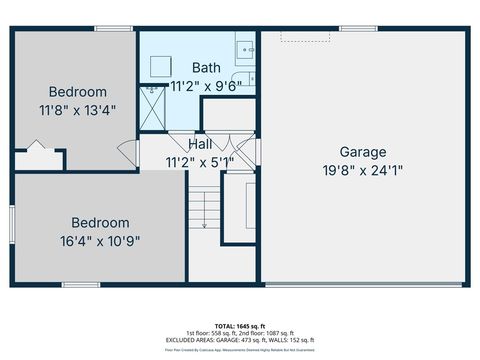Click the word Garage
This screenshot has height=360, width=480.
[x=362, y=152]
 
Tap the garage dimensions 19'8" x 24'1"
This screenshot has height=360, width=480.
[x=362, y=170]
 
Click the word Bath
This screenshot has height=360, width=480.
[x=207, y=68]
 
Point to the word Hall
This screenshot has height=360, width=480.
[x=199, y=145]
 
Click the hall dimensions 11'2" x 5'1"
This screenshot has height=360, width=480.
[x=199, y=161]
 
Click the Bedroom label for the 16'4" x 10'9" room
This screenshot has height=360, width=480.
[x=100, y=222]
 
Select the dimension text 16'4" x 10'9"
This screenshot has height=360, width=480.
[x=100, y=240]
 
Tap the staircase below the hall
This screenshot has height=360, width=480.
[x=203, y=211]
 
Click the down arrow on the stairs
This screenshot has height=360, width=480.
[x=203, y=225]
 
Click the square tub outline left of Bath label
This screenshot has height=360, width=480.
[x=159, y=65]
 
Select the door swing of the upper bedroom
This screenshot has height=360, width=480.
[x=127, y=153]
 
